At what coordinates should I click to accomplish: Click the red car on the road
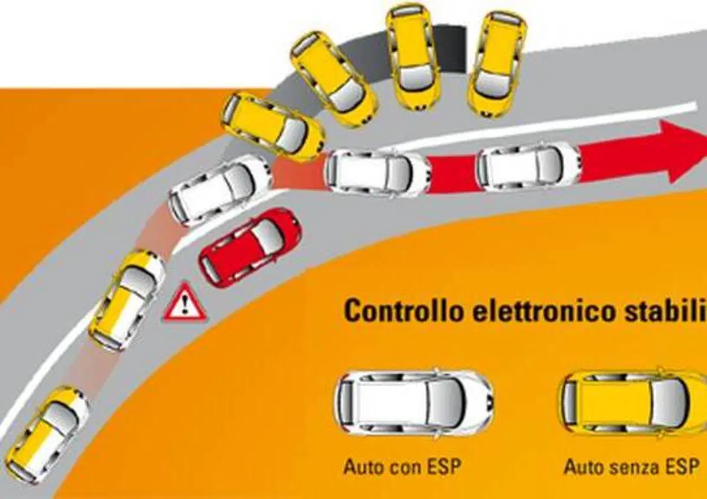(250, 248)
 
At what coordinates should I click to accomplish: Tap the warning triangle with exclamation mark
(185, 303)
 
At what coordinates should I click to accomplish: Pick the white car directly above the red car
(220, 190)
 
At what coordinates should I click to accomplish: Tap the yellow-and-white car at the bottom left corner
(47, 436)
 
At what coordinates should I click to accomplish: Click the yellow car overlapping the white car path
(273, 127)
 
